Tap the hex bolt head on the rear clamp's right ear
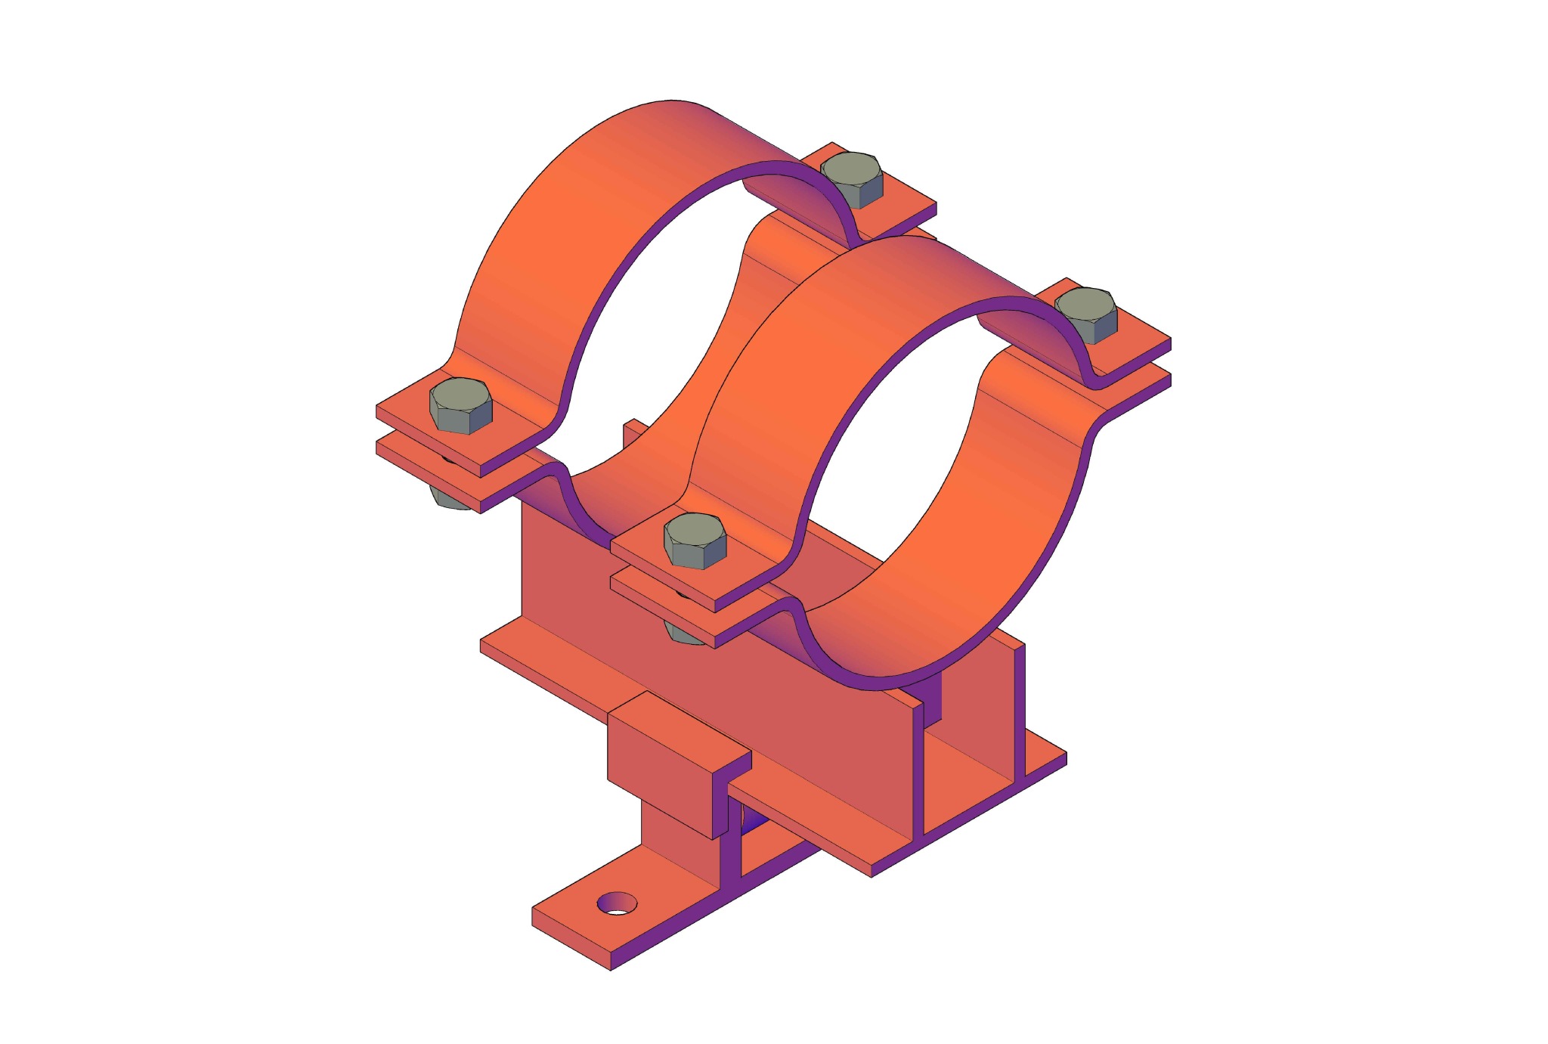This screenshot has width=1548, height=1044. (x=852, y=178)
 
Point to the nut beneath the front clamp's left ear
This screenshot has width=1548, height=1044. (x=683, y=634)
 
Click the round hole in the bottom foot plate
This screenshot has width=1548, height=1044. (x=617, y=903)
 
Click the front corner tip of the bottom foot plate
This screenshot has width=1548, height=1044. (x=611, y=965)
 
